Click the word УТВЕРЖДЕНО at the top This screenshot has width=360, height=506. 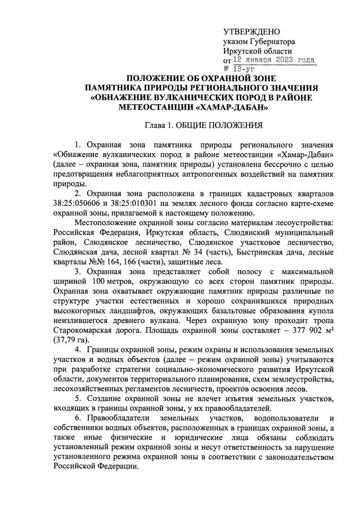click(251, 31)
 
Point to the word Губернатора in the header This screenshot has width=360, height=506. click(272, 41)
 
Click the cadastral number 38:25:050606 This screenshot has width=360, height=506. click(78, 203)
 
